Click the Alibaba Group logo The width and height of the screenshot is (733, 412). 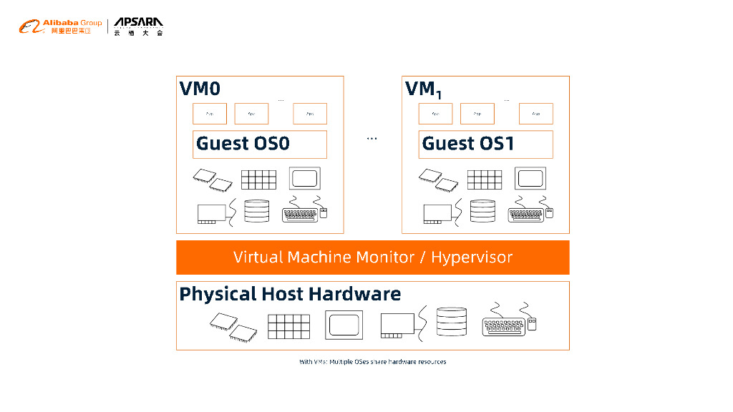click(60, 27)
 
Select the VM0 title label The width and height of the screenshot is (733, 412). click(200, 89)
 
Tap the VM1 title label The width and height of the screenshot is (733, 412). click(423, 89)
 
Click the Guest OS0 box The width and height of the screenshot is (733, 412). click(260, 144)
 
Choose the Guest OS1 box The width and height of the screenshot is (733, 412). click(485, 144)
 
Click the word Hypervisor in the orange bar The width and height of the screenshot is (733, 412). click(472, 257)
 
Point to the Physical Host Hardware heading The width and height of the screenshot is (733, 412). click(290, 294)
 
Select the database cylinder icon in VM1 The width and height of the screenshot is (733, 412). click(482, 211)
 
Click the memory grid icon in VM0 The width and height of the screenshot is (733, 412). click(258, 179)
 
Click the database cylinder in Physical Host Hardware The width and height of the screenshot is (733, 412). click(451, 323)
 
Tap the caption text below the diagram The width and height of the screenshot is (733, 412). click(372, 362)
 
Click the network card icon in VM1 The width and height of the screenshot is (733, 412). click(437, 213)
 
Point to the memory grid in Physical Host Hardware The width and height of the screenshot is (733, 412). click(289, 326)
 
